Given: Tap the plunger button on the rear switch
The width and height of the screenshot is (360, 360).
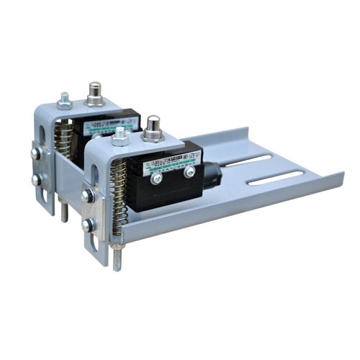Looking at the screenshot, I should coord(94,92).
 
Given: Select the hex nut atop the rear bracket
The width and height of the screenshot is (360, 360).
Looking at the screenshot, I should coord(64,101).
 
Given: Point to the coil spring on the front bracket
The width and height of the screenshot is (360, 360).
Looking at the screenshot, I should coord(120,190).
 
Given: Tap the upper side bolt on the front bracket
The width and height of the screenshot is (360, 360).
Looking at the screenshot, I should coord(87,195).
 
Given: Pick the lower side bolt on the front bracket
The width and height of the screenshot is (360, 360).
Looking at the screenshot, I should coord(88,225).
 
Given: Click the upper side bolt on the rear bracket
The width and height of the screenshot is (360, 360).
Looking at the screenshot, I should coord(35,153).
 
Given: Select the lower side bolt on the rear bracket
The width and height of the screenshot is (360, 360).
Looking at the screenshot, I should coord(36,179).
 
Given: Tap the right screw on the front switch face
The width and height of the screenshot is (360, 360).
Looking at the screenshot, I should coord(189,172).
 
